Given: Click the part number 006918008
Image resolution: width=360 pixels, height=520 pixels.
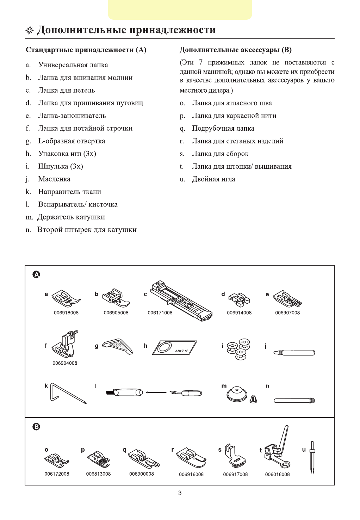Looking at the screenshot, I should click(66, 312).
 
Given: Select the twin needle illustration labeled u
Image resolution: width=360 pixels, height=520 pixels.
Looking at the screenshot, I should click(312, 457).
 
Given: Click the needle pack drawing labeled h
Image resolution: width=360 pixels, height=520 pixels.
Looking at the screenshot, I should click(175, 347).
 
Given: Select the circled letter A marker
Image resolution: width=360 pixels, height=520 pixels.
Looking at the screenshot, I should click(36, 274).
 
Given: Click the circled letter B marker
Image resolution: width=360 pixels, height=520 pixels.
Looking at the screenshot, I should click(36, 427).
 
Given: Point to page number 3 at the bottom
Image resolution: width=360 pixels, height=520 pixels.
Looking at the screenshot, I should click(180, 493).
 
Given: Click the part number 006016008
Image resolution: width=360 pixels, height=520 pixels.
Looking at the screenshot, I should click(277, 474).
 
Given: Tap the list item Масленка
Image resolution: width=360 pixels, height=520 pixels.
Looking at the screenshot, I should click(54, 179).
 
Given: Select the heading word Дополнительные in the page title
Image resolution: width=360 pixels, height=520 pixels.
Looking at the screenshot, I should click(81, 30).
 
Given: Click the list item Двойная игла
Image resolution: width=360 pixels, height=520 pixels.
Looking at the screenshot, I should click(213, 179).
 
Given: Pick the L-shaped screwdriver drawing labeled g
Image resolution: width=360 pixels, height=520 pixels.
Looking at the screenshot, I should click(118, 346).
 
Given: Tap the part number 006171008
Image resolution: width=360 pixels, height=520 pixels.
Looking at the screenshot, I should click(160, 312).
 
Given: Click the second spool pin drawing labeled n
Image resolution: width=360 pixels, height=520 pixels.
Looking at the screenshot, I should click(294, 400).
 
